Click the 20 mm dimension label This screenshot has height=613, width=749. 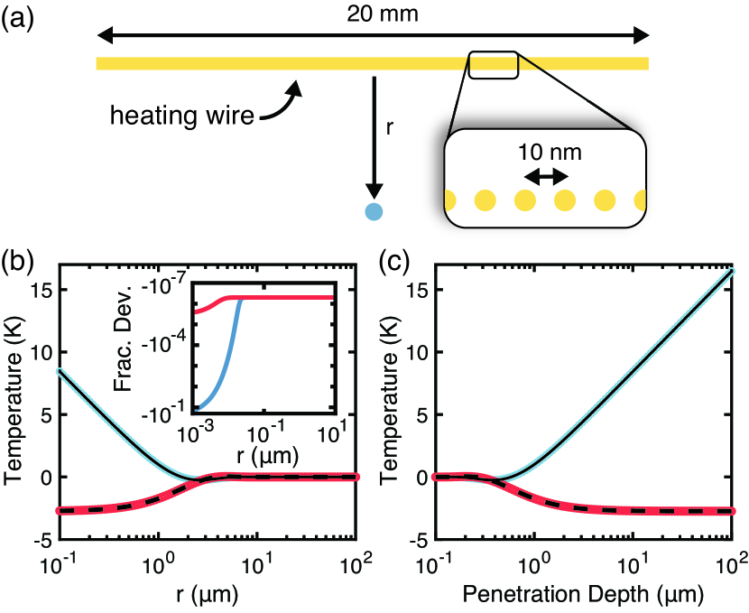pos(374,14)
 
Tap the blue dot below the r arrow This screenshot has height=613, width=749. pos(374,212)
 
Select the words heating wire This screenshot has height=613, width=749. pos(180,116)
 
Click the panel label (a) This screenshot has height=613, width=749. pos(20,18)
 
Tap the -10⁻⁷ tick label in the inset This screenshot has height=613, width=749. pos(169,291)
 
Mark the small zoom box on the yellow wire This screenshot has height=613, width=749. pos(493,64)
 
